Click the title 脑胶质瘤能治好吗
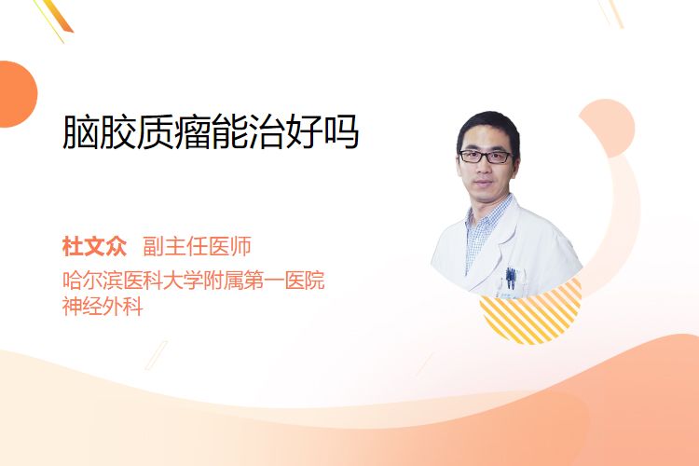(x=211, y=132)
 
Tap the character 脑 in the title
(x=81, y=132)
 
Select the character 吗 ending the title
(x=341, y=132)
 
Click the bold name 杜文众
(x=94, y=247)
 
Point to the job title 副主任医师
(x=197, y=247)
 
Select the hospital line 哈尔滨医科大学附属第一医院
(x=194, y=281)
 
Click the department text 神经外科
(x=103, y=307)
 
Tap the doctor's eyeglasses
(x=486, y=157)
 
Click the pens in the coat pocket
(x=511, y=278)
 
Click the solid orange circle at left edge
(x=18, y=94)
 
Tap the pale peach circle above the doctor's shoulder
(x=610, y=126)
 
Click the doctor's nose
(x=483, y=169)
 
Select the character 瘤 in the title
(x=192, y=132)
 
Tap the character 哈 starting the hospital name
(x=72, y=281)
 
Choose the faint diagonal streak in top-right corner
(x=611, y=13)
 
